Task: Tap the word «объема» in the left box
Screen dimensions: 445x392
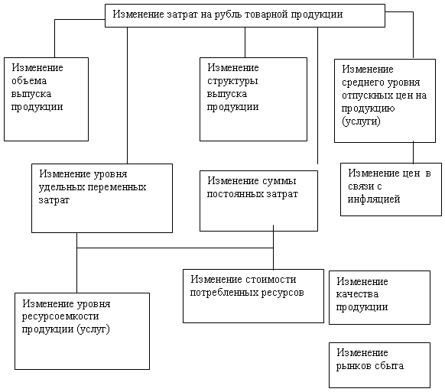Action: (x=29, y=81)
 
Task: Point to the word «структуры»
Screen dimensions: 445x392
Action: (x=232, y=82)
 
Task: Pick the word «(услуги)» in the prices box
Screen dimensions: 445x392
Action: (x=361, y=121)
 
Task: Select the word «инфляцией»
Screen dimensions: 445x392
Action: (x=374, y=199)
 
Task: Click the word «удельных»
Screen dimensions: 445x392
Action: (x=62, y=187)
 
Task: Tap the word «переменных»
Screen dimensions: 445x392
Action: (x=117, y=187)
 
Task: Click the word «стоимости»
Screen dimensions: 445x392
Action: (x=271, y=280)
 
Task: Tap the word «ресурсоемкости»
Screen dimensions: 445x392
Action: (x=60, y=316)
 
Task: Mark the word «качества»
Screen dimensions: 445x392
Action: (x=357, y=294)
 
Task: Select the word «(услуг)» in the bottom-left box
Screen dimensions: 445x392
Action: (x=93, y=329)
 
